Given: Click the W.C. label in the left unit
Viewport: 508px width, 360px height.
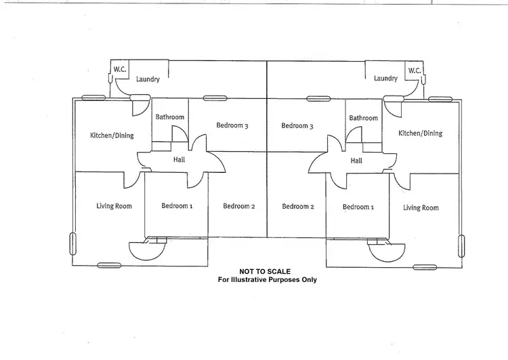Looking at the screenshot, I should (x=120, y=68).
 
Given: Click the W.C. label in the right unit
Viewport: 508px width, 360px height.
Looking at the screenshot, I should (x=415, y=70).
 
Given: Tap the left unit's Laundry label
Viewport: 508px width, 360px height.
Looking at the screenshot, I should (x=148, y=79).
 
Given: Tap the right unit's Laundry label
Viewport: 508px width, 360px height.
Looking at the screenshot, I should (x=385, y=79).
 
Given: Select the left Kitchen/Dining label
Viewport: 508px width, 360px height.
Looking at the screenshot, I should (x=112, y=136).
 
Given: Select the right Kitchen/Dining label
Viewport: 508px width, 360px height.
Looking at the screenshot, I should (x=420, y=134).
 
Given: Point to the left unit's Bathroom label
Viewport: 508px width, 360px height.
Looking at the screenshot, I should (x=169, y=117).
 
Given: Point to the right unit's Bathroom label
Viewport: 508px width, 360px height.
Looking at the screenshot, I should (x=363, y=118).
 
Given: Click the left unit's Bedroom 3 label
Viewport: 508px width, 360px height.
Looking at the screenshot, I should (x=232, y=125).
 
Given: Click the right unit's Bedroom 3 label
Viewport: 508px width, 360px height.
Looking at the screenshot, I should (x=297, y=125).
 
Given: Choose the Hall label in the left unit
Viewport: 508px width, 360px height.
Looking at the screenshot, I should (x=179, y=161).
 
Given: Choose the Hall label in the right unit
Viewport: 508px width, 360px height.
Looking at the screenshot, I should (x=356, y=161).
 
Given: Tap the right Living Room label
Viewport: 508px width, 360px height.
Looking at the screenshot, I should (x=421, y=208).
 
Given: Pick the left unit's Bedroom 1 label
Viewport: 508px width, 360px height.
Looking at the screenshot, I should (x=177, y=206).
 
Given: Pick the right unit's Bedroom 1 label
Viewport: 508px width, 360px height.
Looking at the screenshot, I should (x=358, y=207).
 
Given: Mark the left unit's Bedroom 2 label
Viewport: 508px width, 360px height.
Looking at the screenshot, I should (x=238, y=207).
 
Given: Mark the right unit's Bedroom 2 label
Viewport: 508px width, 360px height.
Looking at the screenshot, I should (x=298, y=207).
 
